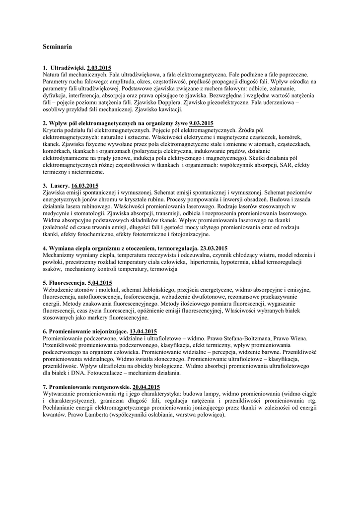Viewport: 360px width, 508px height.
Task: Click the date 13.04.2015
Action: [x=144, y=331]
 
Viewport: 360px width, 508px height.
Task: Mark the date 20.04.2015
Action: [x=146, y=386]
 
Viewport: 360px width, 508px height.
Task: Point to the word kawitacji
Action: [x=170, y=109]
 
